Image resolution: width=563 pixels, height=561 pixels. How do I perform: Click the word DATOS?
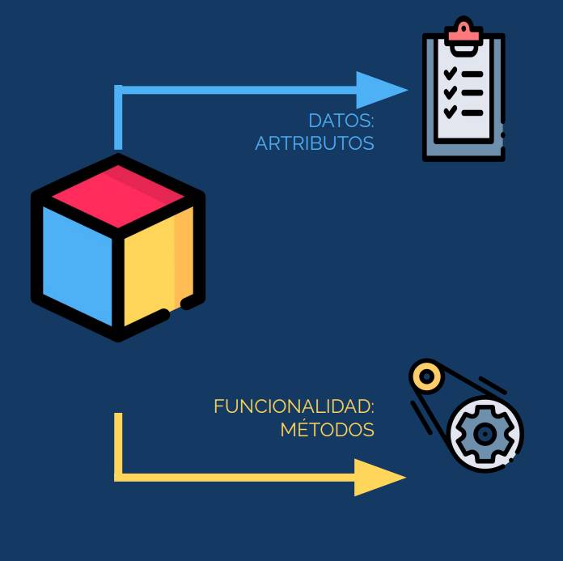(341, 121)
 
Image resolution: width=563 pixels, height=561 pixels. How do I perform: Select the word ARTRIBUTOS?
(315, 143)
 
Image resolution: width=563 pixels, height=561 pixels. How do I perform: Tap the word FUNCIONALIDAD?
(294, 406)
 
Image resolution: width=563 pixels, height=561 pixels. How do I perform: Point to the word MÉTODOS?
(327, 428)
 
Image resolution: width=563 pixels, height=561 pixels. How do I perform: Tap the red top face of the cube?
(118, 196)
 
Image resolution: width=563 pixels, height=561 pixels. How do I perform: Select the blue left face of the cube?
(77, 266)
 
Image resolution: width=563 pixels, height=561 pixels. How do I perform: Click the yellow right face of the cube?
(159, 266)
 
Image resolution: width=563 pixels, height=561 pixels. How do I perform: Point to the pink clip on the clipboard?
(464, 32)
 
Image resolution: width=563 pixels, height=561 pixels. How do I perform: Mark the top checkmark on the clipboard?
(451, 73)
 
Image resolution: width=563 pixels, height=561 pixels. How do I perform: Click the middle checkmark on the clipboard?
(451, 92)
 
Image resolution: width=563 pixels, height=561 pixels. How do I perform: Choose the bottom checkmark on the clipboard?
(451, 112)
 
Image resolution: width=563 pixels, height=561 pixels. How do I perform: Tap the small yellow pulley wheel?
(427, 376)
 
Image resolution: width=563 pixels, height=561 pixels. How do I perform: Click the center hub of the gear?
(485, 434)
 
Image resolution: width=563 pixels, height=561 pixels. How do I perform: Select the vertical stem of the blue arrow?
(118, 117)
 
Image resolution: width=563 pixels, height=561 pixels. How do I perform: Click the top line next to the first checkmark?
(472, 74)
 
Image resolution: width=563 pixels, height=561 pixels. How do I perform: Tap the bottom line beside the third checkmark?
(472, 113)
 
